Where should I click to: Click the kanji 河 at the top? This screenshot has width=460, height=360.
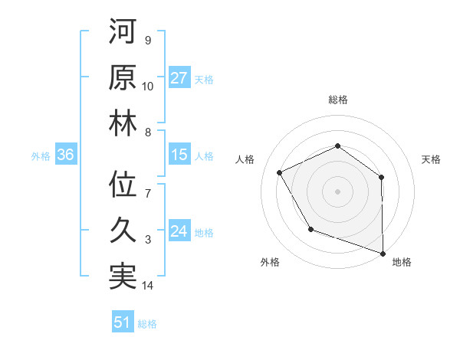point(123,32)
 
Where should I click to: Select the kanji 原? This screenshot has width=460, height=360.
point(123,78)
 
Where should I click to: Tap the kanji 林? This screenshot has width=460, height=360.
point(123,124)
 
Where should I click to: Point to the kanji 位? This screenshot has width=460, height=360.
point(123,185)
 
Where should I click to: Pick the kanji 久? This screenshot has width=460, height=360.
point(123,231)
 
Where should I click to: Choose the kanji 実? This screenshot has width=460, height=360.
point(123,277)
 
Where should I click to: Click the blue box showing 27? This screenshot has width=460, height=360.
point(179,78)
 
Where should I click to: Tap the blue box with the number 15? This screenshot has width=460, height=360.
point(179,155)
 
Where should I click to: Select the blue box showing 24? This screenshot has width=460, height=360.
point(179,231)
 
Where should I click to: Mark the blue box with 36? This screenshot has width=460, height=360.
point(66,155)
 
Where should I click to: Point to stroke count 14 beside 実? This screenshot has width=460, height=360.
point(148,286)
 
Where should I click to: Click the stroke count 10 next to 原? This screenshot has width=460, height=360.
point(148,87)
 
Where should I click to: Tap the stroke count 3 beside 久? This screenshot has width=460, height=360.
point(148,240)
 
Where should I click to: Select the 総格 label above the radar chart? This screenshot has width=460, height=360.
point(337,100)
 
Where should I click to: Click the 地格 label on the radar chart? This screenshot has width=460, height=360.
point(402,262)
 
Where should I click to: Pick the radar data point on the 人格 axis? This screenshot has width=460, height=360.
point(280,173)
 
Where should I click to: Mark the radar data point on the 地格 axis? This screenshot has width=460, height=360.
point(383,252)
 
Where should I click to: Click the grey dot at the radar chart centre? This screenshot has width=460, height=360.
point(337,191)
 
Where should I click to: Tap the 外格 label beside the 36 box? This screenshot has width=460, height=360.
point(41,156)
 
